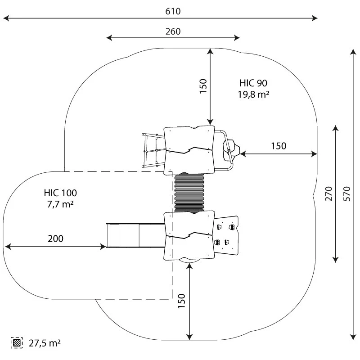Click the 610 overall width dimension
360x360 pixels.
click(x=173, y=12)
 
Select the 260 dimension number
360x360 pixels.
click(x=173, y=31)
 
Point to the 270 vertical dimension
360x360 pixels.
click(x=329, y=193)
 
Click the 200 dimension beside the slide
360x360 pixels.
click(x=56, y=238)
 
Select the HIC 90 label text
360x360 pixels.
click(x=253, y=83)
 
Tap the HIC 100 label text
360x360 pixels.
click(x=60, y=193)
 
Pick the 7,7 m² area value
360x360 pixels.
click(x=60, y=204)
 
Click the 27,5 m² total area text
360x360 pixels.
click(x=45, y=343)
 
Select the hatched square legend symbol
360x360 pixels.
click(x=17, y=343)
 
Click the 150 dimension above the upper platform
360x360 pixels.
click(x=203, y=86)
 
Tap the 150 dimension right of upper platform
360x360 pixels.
click(x=279, y=146)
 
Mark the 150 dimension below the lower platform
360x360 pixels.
click(x=181, y=301)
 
